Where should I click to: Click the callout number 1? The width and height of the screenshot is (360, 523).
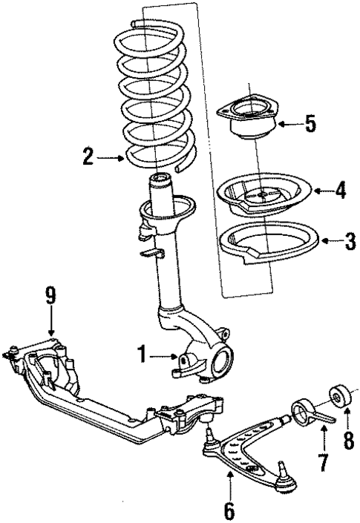coord(140,356)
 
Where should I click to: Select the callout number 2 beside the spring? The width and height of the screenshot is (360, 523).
coord(88,156)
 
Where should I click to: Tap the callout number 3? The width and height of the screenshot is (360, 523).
coord(350,241)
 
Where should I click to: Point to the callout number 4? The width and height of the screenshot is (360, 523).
coord(340,191)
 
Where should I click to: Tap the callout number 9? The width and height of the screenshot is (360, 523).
coord(50,296)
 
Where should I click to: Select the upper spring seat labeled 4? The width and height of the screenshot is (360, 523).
coord(264,197)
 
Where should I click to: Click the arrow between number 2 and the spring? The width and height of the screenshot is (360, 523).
coord(111,157)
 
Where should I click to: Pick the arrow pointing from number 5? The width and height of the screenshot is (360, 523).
coord(287,124)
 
